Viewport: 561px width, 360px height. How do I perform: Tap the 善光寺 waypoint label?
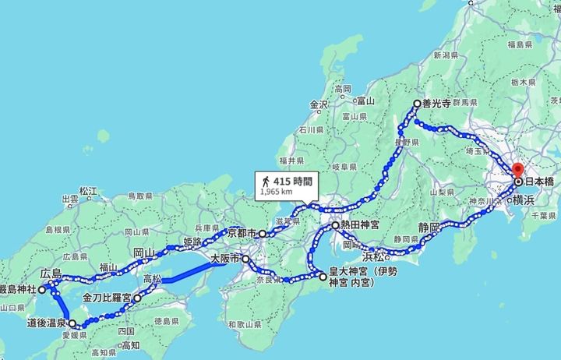coord(436,103)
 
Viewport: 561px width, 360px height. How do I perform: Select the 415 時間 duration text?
coord(291,180)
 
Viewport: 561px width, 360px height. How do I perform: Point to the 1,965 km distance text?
coord(277,190)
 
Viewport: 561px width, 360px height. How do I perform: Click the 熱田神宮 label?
coord(360,225)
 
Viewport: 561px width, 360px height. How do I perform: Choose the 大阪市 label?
coord(227,258)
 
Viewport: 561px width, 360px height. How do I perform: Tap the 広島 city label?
coord(51,274)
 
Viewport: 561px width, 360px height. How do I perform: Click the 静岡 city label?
coord(429,227)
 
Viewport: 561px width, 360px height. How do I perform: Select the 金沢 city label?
coord(320,104)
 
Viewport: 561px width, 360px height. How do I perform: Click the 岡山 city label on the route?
coord(143,252)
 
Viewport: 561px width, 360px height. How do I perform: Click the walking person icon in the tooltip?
coord(267,180)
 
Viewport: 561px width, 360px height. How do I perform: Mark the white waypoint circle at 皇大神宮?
coord(322,276)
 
